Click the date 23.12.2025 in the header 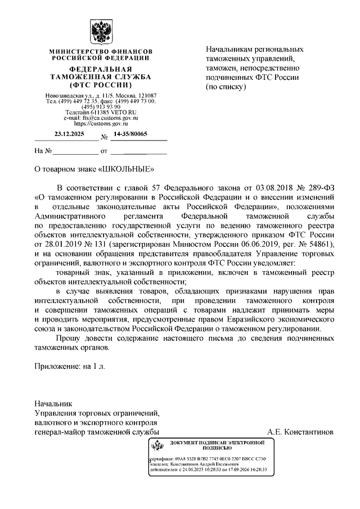(x=68, y=134)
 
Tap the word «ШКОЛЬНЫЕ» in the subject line (x=128, y=168)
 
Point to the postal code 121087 (x=147, y=96)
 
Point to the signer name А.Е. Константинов (x=301, y=432)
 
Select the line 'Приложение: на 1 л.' (x=70, y=366)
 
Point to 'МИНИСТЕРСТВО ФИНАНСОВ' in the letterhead (x=101, y=51)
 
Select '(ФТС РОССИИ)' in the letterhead (x=101, y=85)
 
